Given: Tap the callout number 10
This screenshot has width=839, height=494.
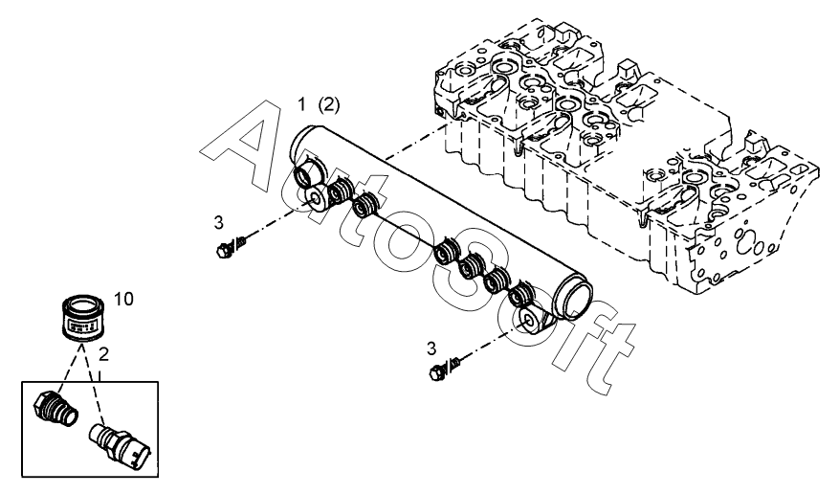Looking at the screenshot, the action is [x=123, y=298].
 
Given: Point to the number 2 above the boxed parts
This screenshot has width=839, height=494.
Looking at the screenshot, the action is [x=104, y=354].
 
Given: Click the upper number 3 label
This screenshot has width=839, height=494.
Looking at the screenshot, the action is [x=218, y=223].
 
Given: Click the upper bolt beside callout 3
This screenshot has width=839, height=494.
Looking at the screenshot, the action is [x=229, y=248].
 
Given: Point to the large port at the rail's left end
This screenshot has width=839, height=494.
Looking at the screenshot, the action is [x=308, y=175].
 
